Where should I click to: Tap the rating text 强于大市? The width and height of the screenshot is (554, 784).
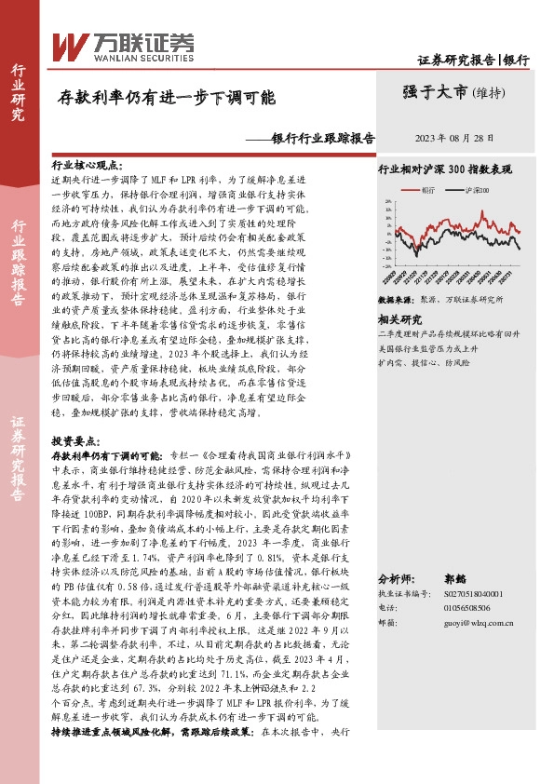(436, 91)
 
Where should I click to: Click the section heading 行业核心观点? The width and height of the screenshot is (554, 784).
(88, 164)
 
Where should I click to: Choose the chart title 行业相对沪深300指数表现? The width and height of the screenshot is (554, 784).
(444, 170)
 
